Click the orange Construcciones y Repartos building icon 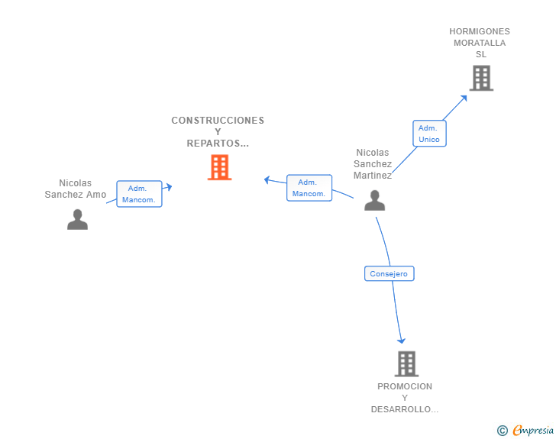pos(220,167)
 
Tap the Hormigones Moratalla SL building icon pos(481,78)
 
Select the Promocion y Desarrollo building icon pos(406,363)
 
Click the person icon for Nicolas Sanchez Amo pos(77,219)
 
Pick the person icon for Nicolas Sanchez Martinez pos(374,200)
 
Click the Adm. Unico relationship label pos(429,134)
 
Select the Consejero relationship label pos(389,273)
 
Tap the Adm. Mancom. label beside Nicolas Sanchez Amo pos(139,194)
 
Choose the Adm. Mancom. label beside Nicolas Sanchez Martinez pos(309,188)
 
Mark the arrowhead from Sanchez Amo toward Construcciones pos(168,186)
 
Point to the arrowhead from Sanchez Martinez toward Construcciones pos(267,180)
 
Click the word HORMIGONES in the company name pos(480,31)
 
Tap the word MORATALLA pos(480,43)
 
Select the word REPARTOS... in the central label pos(218,144)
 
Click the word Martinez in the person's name pos(373,176)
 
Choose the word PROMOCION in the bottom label pos(405,386)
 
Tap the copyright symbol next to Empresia pos(503,431)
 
